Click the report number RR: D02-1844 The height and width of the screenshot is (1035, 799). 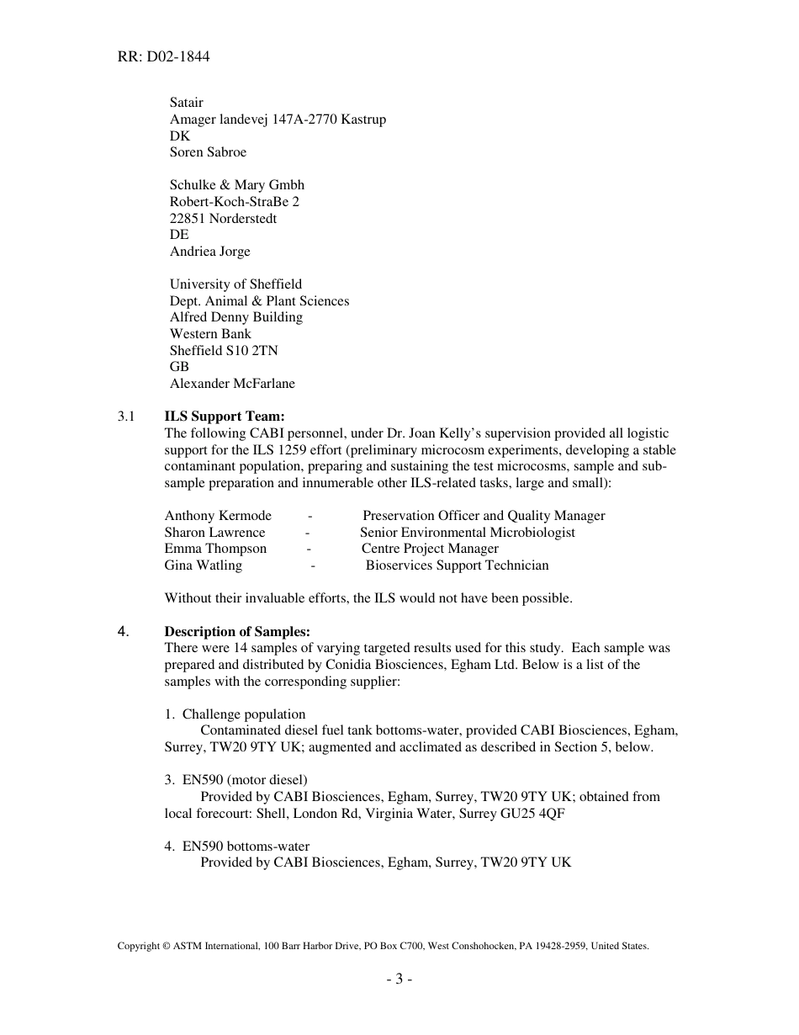(163, 57)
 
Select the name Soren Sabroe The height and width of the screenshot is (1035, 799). (208, 152)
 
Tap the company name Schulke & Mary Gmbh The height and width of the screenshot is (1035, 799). (237, 185)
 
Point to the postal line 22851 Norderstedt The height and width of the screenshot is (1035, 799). (223, 219)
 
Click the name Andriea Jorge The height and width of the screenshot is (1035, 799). (209, 252)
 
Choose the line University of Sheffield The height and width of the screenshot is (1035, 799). (235, 284)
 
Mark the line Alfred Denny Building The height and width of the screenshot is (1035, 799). (236, 317)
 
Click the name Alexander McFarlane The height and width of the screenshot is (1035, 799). (232, 384)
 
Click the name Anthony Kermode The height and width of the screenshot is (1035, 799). (218, 516)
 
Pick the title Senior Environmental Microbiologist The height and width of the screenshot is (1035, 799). (468, 533)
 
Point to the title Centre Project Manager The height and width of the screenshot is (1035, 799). (430, 549)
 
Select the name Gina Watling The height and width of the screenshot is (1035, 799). (203, 565)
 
